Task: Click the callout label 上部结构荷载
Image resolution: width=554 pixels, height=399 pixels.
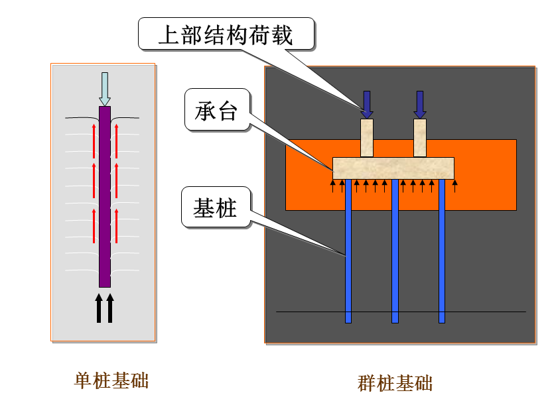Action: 225,34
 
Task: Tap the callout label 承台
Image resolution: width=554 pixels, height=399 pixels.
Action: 216,111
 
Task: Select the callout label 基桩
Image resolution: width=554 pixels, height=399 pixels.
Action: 215,208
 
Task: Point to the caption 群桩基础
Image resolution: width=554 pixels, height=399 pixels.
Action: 395,383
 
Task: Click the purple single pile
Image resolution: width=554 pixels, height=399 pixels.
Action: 105,199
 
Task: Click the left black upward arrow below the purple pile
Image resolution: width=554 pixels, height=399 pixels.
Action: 100,308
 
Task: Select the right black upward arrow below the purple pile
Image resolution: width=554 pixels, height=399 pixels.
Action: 110,308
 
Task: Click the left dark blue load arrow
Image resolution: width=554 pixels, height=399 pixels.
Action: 367,104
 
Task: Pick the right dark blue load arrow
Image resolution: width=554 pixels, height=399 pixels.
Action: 420,104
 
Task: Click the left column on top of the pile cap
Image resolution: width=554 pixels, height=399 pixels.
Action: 367,138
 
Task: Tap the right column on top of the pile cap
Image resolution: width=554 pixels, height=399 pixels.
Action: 420,138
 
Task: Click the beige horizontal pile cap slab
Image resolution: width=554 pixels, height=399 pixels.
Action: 393,168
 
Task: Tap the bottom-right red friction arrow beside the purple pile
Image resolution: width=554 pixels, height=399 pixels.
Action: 116,225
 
